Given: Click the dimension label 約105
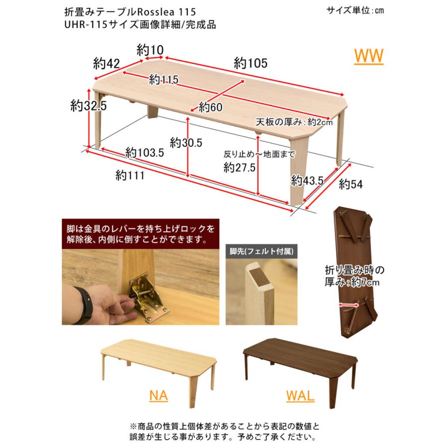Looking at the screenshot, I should click(251, 63).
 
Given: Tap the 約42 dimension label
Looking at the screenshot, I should click(107, 63).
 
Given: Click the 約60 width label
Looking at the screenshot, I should click(210, 106).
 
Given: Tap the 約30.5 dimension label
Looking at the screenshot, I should click(185, 142).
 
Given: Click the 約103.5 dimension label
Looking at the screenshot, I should click(145, 153).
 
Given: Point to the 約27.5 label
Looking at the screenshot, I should click(239, 168).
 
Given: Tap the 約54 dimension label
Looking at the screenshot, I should click(350, 184).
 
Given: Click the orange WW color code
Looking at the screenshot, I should click(368, 56).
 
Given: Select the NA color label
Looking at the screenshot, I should click(158, 396).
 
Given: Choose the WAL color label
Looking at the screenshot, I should click(300, 396).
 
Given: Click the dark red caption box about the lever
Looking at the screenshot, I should click(139, 234).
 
